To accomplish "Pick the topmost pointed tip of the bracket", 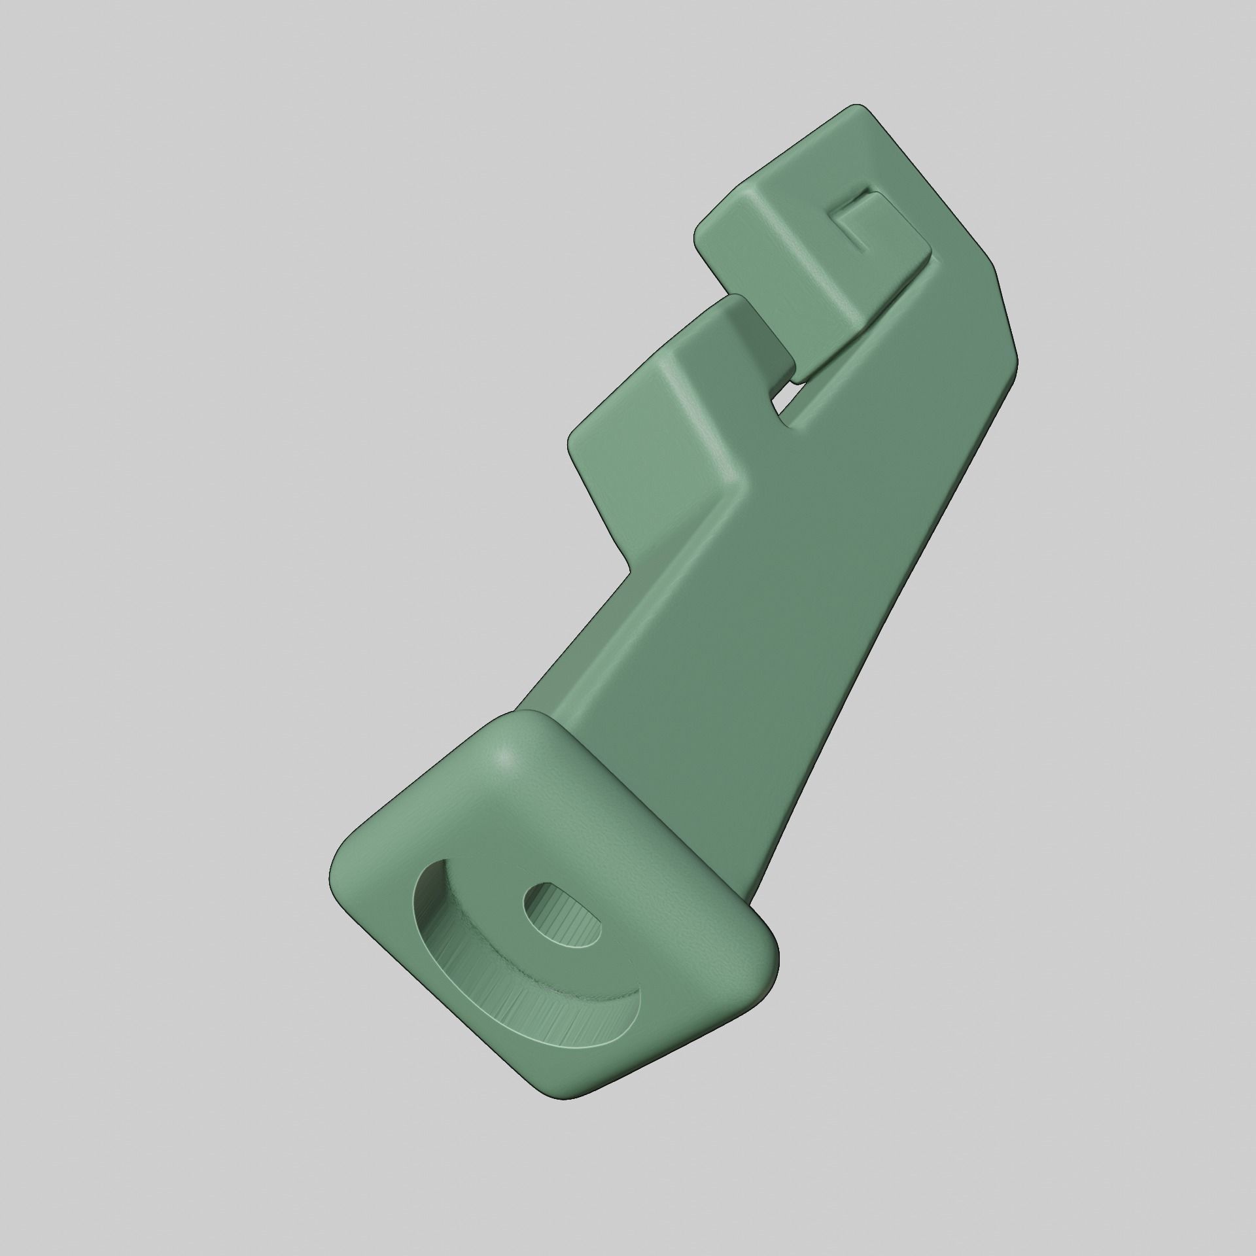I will pyautogui.click(x=865, y=106).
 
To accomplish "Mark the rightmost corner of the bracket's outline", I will pyautogui.click(x=1018, y=357).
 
